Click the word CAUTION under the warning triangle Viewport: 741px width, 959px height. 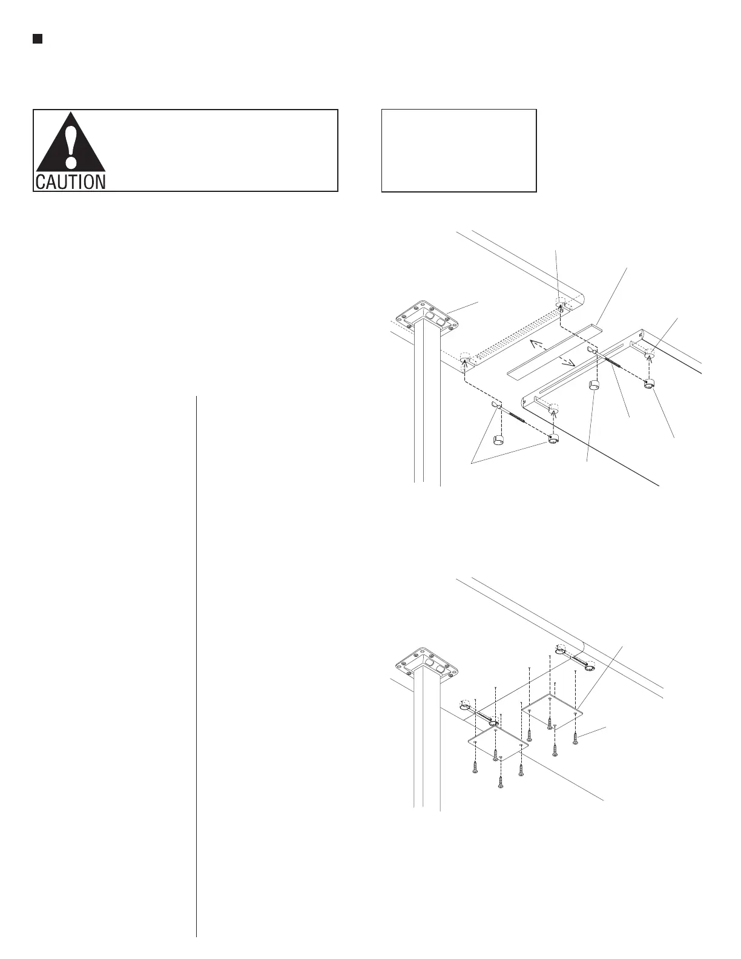(70, 182)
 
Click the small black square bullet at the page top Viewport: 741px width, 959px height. (37, 39)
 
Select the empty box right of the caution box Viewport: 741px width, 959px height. (459, 151)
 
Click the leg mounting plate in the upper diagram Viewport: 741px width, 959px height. (426, 318)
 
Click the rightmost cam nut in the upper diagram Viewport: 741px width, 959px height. (650, 383)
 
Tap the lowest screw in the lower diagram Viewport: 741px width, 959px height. (501, 782)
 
